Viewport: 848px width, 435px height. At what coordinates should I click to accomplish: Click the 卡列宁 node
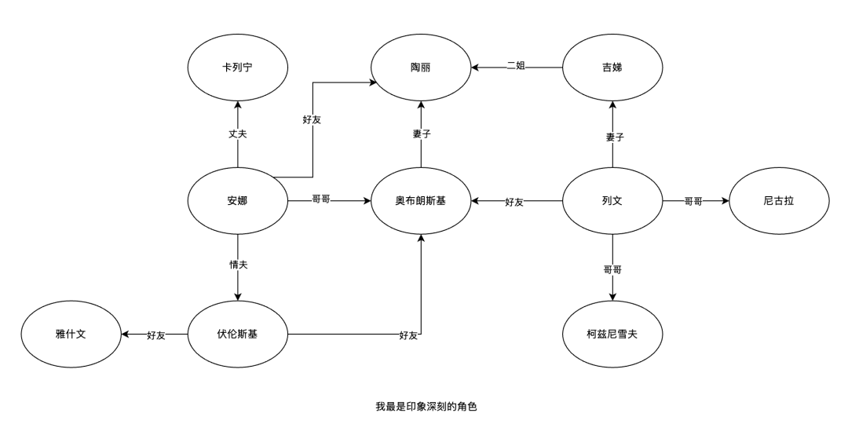tap(237, 68)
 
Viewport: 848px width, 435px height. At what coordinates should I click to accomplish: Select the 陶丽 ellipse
tap(422, 68)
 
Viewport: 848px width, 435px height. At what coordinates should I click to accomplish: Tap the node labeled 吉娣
tap(612, 68)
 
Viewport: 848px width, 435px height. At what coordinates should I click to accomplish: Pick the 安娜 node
tap(237, 201)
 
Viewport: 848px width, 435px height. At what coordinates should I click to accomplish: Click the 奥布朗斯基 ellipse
tap(422, 201)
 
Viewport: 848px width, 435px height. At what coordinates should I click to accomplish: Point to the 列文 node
tap(612, 201)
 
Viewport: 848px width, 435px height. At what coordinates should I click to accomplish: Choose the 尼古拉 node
tap(778, 201)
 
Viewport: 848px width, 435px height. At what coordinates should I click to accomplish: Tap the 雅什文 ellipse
tap(70, 334)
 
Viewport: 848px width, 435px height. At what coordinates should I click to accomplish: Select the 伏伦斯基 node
tap(237, 334)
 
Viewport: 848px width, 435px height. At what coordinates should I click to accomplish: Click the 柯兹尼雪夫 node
tap(612, 334)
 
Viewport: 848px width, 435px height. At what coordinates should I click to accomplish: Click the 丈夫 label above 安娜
tap(237, 134)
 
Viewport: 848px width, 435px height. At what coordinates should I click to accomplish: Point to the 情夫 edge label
tap(237, 265)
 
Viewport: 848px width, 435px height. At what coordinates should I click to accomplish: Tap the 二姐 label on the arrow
tap(515, 66)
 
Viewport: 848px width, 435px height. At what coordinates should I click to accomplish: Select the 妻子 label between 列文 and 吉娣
tap(615, 137)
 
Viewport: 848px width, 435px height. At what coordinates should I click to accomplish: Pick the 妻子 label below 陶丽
tap(422, 134)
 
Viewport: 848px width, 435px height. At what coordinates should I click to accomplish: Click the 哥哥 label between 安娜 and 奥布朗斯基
tap(320, 201)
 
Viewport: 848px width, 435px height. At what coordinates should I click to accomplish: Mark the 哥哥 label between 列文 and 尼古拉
tap(693, 202)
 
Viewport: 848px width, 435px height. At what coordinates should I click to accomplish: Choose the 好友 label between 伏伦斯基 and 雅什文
tap(155, 335)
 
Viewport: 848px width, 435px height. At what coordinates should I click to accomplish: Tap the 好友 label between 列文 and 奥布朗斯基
tap(514, 202)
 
